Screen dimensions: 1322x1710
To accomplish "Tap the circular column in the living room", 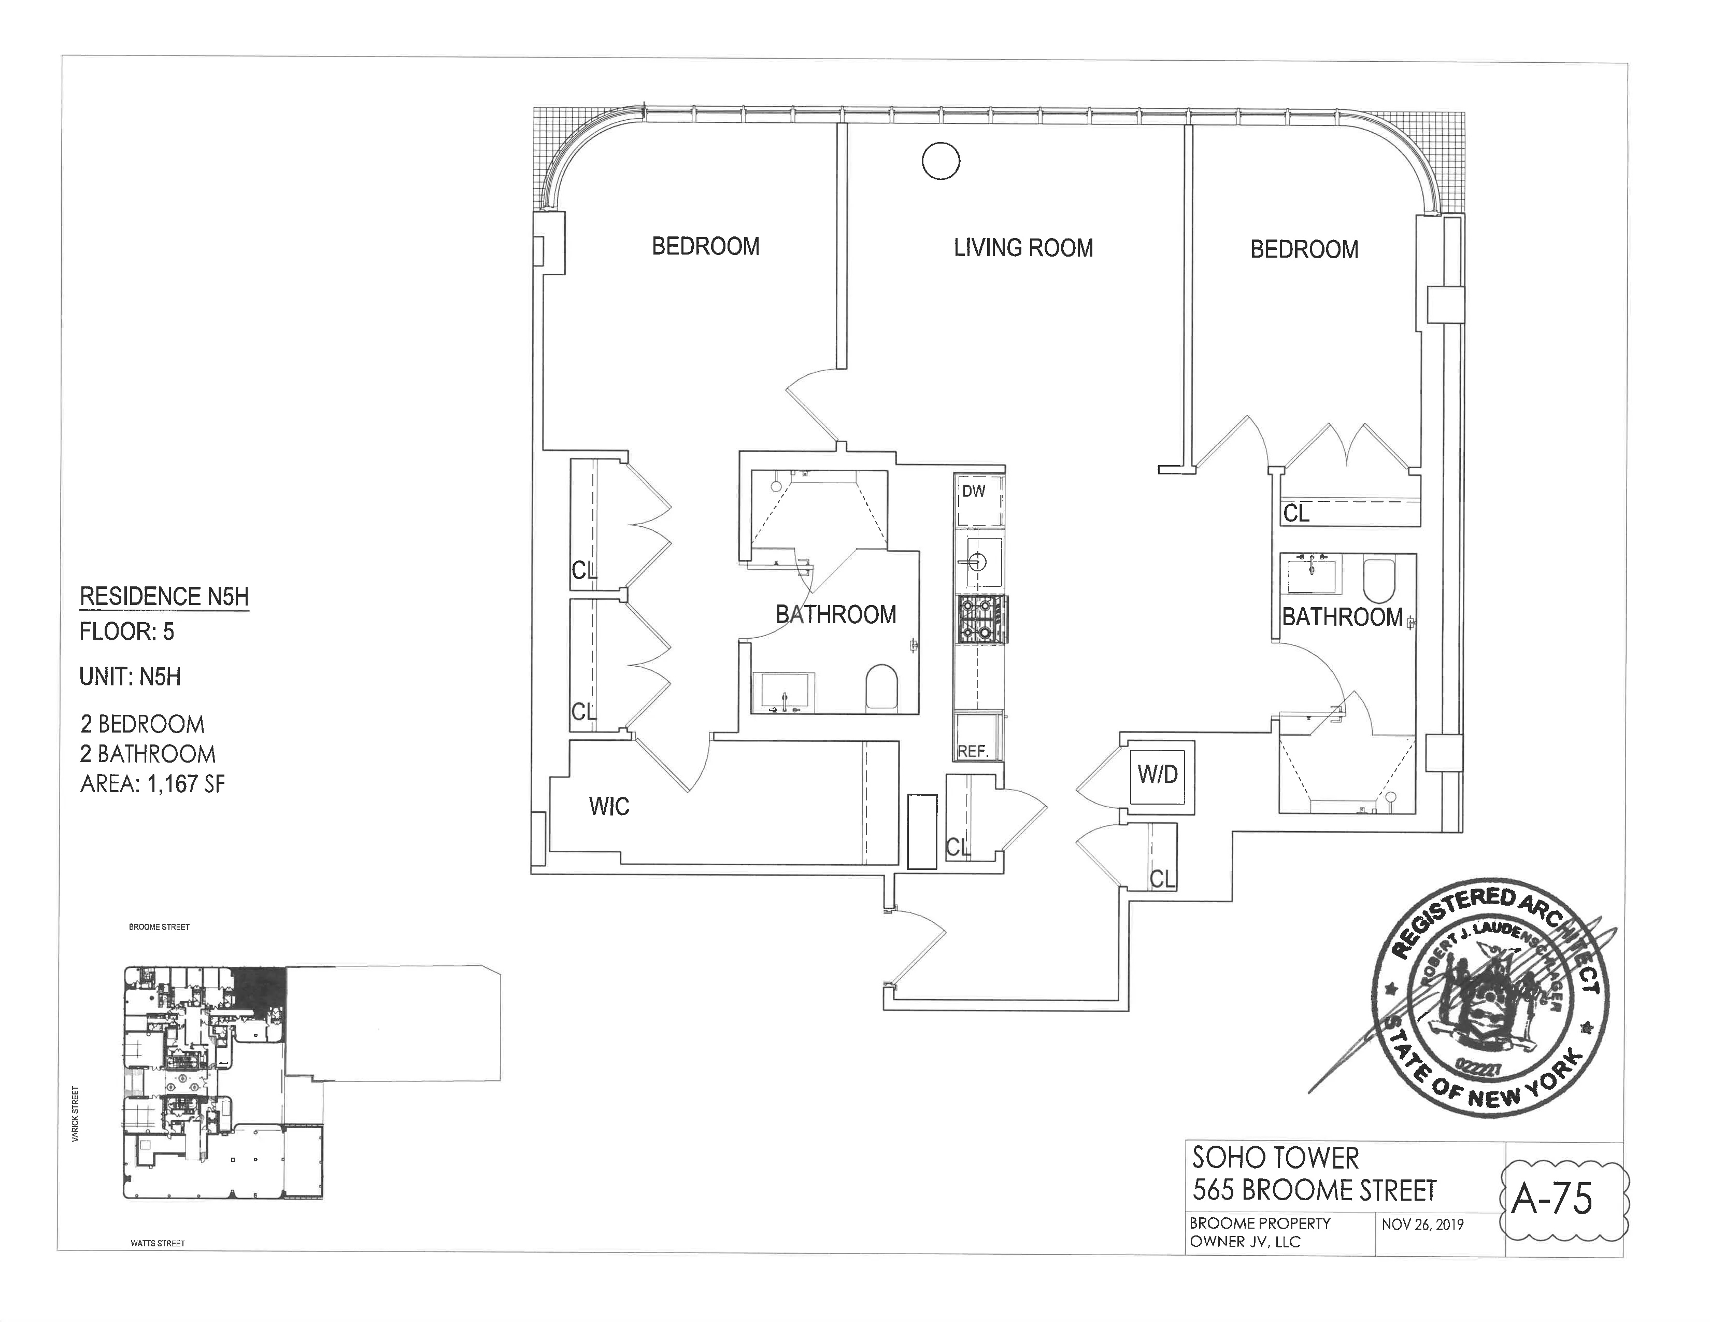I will (940, 161).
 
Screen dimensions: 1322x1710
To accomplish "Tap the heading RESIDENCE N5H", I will (164, 597).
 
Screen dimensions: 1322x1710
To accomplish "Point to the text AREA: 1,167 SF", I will (153, 784).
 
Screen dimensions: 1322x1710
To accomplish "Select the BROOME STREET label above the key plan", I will (159, 927).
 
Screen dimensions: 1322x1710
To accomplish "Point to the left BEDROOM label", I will (705, 247).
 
